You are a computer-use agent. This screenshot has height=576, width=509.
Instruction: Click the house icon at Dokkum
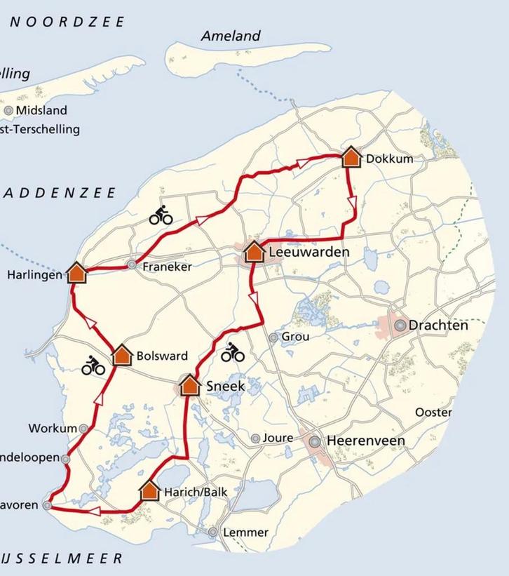coord(351,157)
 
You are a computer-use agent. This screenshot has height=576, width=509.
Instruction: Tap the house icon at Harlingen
coord(77,272)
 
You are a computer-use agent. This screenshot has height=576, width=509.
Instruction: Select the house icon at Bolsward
coord(123,355)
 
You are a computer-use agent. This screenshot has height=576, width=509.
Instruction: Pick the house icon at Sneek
coord(190,385)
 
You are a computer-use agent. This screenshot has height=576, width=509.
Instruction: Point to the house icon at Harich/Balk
coord(149,490)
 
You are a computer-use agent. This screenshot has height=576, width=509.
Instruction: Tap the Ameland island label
coord(231,36)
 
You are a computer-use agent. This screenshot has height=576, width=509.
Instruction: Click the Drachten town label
coord(438,326)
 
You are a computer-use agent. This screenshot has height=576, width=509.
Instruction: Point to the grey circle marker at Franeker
coord(132,265)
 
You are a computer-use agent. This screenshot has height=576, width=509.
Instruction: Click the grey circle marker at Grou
coord(273,337)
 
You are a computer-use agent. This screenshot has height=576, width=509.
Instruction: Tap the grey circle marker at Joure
coord(255,439)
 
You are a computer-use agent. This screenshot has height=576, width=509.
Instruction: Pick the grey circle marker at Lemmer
coord(213,533)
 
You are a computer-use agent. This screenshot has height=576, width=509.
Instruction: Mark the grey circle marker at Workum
coord(83,428)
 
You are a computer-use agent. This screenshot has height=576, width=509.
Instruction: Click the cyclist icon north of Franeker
coord(161,215)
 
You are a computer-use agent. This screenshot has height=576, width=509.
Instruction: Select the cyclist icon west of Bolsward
coord(93,365)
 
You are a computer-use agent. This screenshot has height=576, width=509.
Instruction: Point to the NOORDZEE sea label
coord(67,22)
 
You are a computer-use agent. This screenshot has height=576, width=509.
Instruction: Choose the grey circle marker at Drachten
coord(400,326)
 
